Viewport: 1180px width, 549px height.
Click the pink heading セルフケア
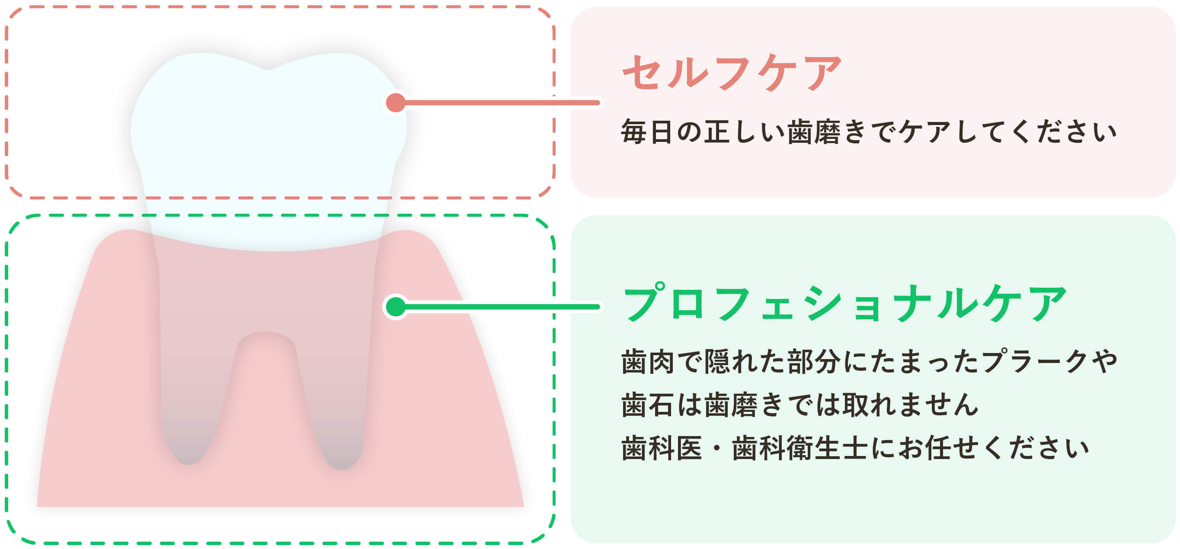point(731,73)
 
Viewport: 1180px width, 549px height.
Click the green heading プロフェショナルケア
point(844,304)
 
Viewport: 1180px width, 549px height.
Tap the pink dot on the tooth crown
point(396,103)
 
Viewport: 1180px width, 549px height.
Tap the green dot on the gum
point(396,307)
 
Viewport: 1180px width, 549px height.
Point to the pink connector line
point(499,103)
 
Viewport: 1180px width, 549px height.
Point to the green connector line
point(499,307)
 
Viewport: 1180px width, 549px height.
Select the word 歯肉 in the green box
point(647,362)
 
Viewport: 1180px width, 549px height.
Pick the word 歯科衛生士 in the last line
point(799,448)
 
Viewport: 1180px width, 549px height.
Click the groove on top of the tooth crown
point(267,69)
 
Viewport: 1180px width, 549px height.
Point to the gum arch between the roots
point(265,337)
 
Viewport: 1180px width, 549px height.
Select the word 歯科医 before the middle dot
point(661,448)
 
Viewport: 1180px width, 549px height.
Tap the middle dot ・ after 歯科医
point(717,448)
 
